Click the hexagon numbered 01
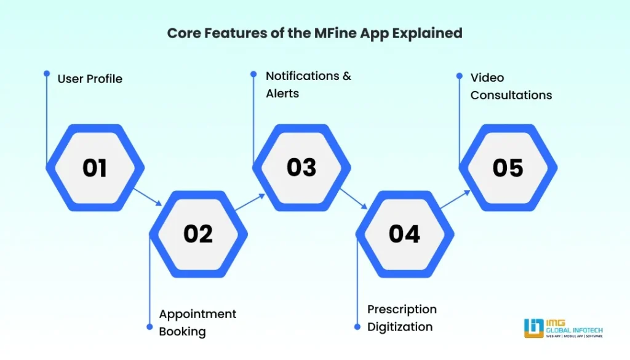95,168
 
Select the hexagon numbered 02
198,234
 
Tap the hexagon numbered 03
301,167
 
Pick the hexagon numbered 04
404,234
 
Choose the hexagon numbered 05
508,168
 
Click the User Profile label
90,79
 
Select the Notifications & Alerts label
308,85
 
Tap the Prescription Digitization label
402,318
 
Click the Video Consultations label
511,86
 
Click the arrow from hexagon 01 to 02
147,196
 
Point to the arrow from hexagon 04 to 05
456,201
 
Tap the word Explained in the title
430,33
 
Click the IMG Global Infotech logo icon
533,327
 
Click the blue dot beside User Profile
47,73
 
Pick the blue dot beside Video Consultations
459,76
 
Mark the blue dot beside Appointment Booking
150,327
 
